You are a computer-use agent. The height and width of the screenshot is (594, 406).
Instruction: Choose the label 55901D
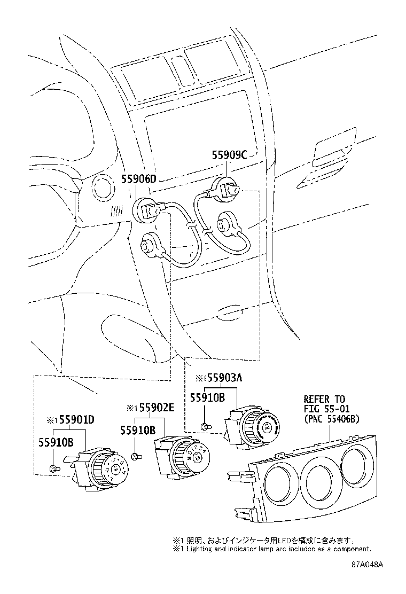pyautogui.click(x=76, y=419)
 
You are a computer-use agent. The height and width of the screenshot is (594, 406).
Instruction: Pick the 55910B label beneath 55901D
pyautogui.click(x=55, y=441)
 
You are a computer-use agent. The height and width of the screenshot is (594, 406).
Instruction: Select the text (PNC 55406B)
pyautogui.click(x=331, y=419)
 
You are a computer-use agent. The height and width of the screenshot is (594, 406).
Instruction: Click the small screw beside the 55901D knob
pyautogui.click(x=53, y=468)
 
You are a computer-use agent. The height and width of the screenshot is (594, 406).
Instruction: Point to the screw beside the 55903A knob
pyautogui.click(x=205, y=426)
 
